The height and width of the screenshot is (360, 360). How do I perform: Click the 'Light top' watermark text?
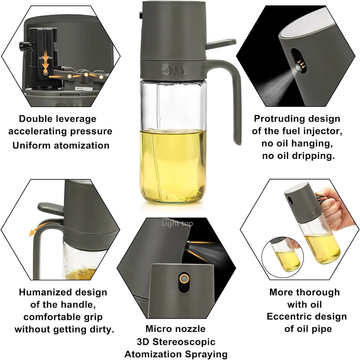tap(177, 223)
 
